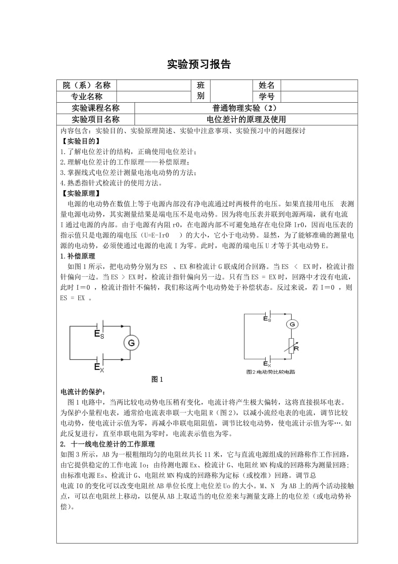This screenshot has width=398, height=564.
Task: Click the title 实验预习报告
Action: tap(199, 65)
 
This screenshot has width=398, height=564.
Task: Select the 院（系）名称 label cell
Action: tap(87, 85)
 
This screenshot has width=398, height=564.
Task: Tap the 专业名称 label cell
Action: tap(87, 97)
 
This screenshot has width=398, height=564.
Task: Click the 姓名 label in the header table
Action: tap(266, 85)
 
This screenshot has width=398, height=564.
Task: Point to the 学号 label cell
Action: tap(266, 97)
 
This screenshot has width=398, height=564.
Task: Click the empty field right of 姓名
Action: tap(319, 85)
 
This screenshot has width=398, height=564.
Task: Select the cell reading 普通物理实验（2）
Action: tap(246, 108)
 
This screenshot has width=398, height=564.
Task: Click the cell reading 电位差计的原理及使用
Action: tap(246, 120)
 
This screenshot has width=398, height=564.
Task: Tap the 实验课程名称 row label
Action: tap(96, 108)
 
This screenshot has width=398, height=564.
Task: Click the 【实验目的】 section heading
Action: tap(80, 141)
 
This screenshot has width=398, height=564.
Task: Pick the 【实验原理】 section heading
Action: tap(80, 193)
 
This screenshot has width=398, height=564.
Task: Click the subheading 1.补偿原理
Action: tap(78, 256)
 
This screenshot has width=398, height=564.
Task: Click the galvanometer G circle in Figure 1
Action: tap(132, 343)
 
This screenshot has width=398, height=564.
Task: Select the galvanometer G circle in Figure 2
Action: tap(292, 324)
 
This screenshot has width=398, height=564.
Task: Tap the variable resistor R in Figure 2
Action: tap(292, 347)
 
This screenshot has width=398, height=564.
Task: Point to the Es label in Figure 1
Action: tap(99, 334)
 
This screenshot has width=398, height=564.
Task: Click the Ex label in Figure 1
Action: tap(99, 367)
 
